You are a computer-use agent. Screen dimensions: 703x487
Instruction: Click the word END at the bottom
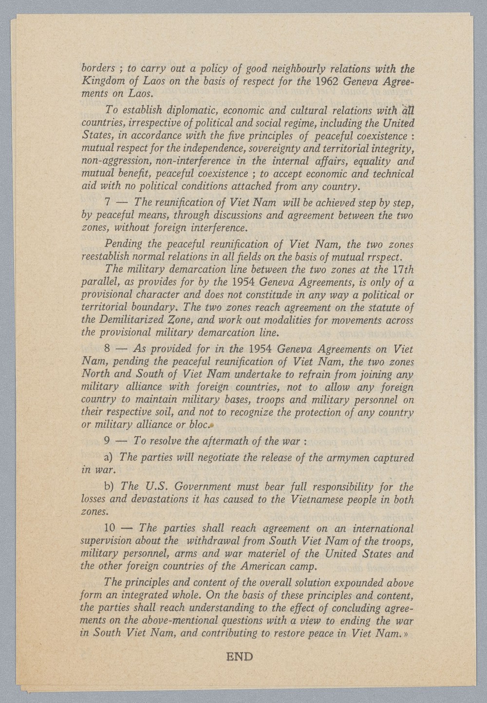pyautogui.click(x=240, y=657)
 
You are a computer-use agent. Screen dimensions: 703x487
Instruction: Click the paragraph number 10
pyautogui.click(x=110, y=528)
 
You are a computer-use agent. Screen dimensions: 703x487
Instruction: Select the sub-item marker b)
pyautogui.click(x=109, y=487)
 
